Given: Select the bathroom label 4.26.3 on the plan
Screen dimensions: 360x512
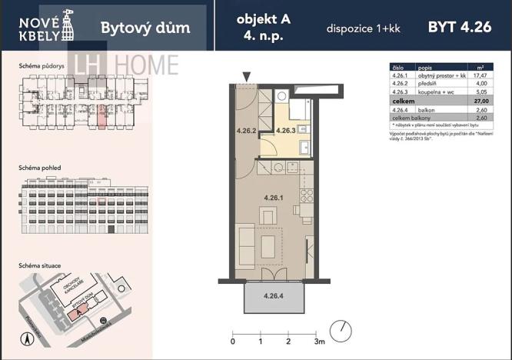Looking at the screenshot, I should pyautogui.click(x=287, y=130).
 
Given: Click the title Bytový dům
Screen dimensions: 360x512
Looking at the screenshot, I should pyautogui.click(x=145, y=29).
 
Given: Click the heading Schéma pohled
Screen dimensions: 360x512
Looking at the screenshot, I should pyautogui.click(x=39, y=167).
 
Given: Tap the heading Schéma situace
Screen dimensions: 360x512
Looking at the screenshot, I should pyautogui.click(x=40, y=265).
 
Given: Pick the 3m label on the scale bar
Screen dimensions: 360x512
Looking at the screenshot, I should pyautogui.click(x=319, y=339).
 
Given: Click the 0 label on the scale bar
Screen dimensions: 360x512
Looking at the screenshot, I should pyautogui.click(x=233, y=339).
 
